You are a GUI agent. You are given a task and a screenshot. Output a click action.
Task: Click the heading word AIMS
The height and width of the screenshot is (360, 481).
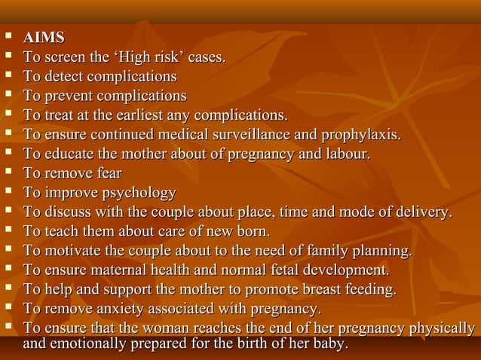pyautogui.click(x=44, y=38)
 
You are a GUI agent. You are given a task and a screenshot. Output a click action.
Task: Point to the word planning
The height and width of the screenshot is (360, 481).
pyautogui.click(x=384, y=252)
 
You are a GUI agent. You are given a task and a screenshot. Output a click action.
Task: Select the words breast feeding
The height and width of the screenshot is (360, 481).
pyautogui.click(x=350, y=290)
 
